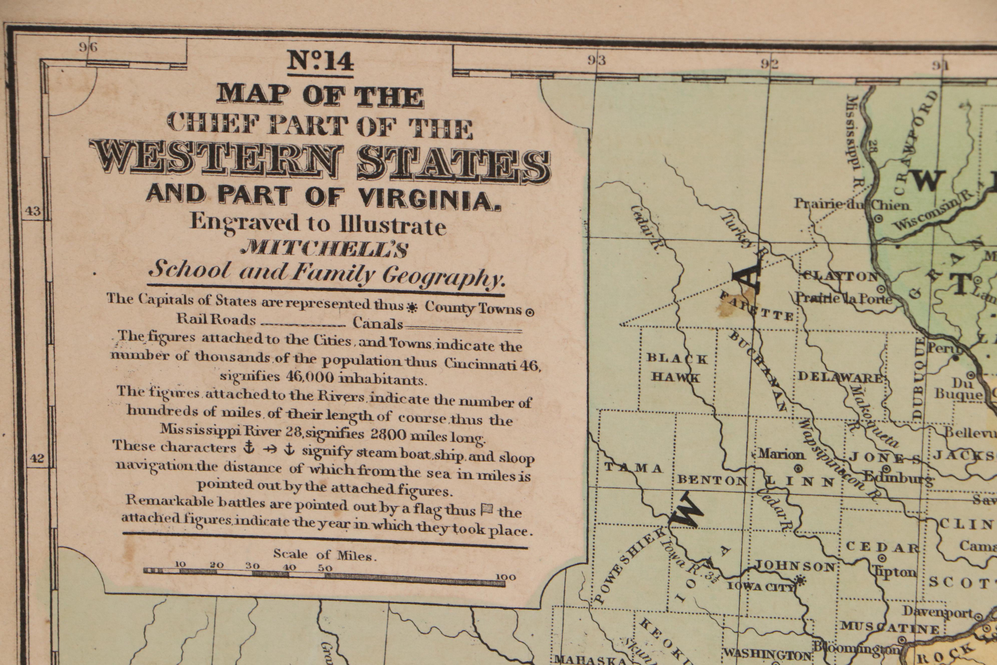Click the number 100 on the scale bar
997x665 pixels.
tap(506, 577)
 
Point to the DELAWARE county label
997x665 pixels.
tap(841, 378)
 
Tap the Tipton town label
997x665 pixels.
tap(894, 573)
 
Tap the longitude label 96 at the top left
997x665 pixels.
tap(88, 47)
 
